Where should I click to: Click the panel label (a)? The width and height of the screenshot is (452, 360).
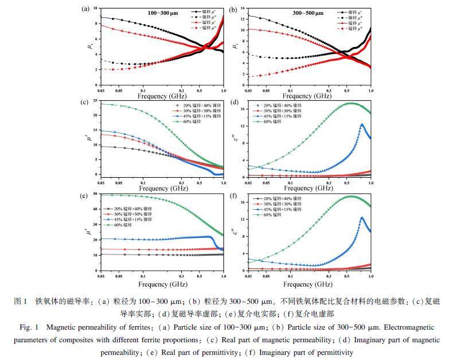pos(87,9)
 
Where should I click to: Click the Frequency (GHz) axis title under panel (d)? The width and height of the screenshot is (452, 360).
pos(308,188)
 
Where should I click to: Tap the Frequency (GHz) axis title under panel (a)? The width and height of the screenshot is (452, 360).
pos(162,96)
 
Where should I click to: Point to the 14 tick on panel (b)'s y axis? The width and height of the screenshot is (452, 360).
pos(243,9)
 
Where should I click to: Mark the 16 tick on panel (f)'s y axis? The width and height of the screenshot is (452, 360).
pos(243,202)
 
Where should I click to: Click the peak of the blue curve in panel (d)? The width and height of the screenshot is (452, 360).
pos(362,124)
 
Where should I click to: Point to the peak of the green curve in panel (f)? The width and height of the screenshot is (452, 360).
pos(350,196)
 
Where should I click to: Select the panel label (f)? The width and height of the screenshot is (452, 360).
pos(233,195)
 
